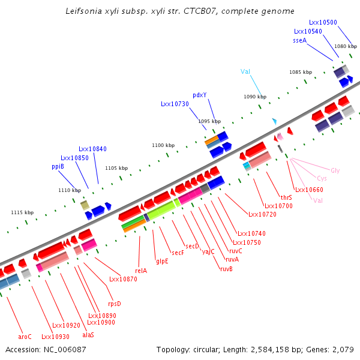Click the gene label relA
[141, 271]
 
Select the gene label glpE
[162, 262]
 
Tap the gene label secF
[178, 253]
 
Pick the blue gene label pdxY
[200, 95]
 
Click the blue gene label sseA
[299, 40]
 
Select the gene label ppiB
[58, 166]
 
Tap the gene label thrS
[286, 197]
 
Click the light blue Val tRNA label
[245, 71]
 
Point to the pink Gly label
[335, 170]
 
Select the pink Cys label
[322, 179]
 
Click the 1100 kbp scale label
[163, 145]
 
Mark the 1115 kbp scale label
[22, 212]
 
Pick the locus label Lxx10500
[323, 22]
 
